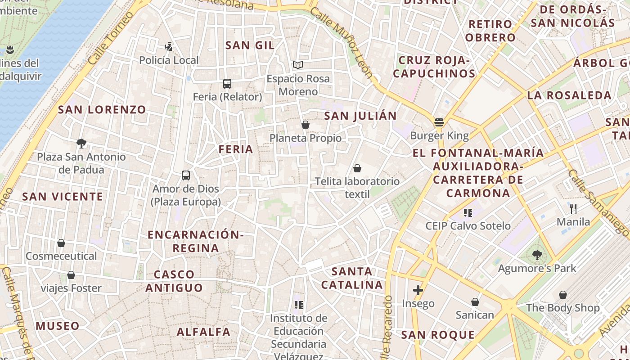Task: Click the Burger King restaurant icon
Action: click(439, 122)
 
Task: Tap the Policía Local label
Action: click(169, 60)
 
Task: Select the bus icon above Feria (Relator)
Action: click(227, 84)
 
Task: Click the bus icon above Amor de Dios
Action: click(186, 175)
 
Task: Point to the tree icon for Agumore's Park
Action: click(537, 255)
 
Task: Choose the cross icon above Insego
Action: click(418, 290)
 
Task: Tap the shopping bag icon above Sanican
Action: click(475, 302)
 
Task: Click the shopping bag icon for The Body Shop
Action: click(562, 295)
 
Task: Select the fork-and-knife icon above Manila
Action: click(573, 208)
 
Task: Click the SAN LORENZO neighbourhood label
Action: click(102, 109)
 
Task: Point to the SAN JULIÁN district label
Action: click(360, 116)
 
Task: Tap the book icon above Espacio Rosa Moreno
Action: click(297, 65)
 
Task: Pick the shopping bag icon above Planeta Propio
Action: click(306, 125)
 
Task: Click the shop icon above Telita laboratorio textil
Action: click(357, 168)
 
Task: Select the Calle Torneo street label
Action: click(111, 38)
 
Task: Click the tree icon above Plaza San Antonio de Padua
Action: click(81, 144)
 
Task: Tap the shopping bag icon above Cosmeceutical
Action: click(61, 243)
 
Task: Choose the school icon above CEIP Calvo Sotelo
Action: click(468, 212)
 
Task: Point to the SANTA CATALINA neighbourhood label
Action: click(352, 278)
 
